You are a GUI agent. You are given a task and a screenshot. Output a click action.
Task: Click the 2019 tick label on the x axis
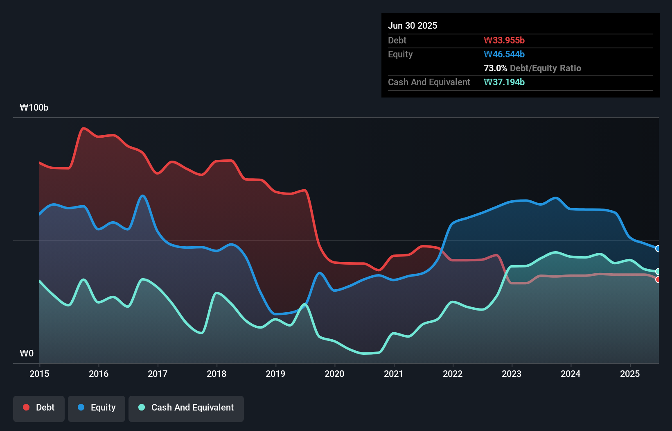(275, 374)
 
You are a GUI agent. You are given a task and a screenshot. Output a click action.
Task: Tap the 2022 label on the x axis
(453, 374)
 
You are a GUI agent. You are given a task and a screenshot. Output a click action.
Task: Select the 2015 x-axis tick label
(39, 374)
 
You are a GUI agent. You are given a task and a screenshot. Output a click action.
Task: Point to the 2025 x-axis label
(629, 374)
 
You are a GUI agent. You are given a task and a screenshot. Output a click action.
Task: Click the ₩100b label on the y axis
(34, 107)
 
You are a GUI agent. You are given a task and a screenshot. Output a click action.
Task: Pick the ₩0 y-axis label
(27, 353)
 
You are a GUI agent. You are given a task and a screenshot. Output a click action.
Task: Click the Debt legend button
(39, 408)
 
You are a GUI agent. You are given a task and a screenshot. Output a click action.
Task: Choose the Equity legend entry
(97, 408)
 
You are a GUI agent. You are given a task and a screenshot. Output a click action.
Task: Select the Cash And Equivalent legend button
(186, 408)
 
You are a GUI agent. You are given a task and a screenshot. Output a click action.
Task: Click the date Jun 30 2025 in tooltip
(413, 25)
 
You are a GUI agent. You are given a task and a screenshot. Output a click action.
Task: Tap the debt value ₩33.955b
(504, 40)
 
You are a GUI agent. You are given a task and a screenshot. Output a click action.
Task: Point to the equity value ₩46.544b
(504, 54)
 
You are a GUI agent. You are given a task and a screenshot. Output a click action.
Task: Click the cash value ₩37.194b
(504, 82)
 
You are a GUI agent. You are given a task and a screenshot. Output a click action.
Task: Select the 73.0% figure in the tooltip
(495, 68)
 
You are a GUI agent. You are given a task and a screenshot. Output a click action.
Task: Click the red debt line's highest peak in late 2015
(84, 128)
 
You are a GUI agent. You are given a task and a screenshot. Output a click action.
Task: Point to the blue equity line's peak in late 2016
(142, 195)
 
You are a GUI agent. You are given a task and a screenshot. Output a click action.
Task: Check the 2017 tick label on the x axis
(158, 374)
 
